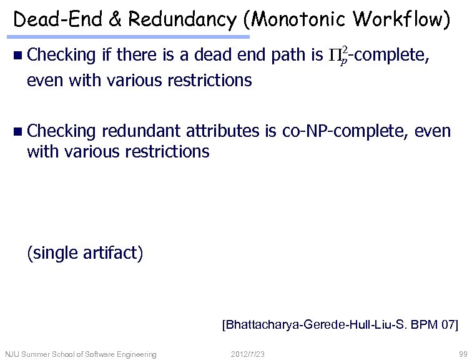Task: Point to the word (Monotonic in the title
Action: (x=293, y=20)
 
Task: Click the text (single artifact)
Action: (x=85, y=253)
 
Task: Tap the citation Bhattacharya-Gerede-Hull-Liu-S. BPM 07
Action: (x=340, y=325)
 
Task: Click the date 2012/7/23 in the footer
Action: (x=248, y=354)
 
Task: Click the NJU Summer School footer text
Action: (x=81, y=354)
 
